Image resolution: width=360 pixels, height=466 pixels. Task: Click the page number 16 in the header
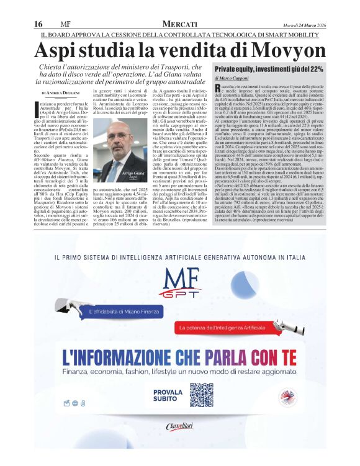click(x=37, y=24)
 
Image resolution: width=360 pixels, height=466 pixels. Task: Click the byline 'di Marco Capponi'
click(x=232, y=79)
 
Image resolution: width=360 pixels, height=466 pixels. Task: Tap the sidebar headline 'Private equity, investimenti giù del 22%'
click(x=268, y=69)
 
